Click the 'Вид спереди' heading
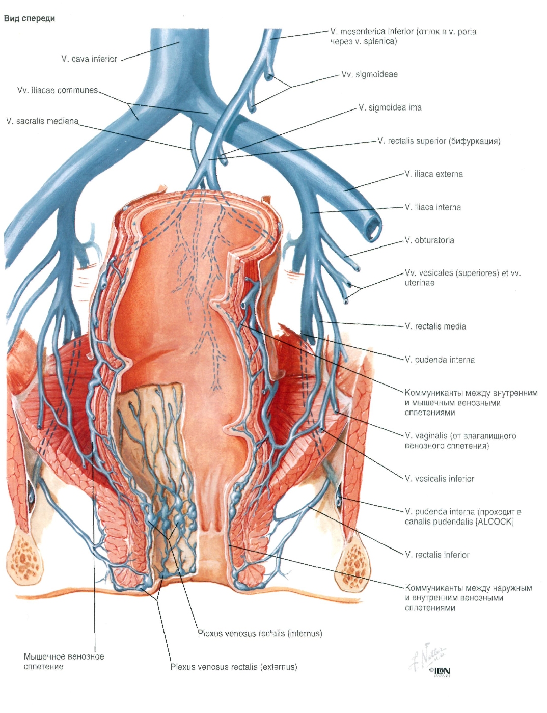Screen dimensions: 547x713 tap(29, 18)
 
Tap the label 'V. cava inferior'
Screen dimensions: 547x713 tap(89, 59)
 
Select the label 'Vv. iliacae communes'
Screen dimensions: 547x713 tap(58, 90)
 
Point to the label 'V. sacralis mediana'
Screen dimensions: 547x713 tap(42, 121)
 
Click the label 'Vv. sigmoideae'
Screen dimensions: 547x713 tap(369, 74)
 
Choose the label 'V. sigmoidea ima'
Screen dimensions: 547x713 tap(390, 107)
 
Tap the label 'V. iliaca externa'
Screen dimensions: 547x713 tap(433, 174)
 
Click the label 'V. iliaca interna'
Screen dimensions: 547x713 tap(432, 207)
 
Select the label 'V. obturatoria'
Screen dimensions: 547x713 tap(429, 240)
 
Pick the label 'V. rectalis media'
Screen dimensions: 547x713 tap(435, 326)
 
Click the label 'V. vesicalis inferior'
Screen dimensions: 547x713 tap(439, 479)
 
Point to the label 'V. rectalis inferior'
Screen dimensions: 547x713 tap(437, 555)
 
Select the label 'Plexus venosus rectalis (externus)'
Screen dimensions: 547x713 tap(234, 667)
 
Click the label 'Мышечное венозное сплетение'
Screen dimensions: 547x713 tap(64, 662)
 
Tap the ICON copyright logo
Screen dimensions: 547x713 tap(440, 672)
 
